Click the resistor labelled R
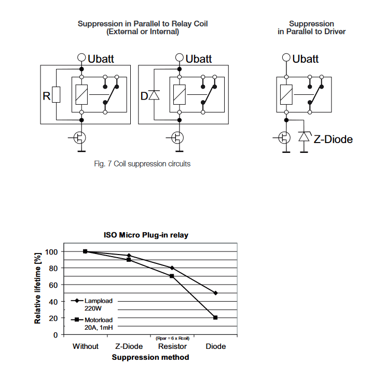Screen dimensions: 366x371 click(x=56, y=95)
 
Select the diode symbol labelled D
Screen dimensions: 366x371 click(x=153, y=95)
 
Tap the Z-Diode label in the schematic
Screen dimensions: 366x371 click(x=333, y=139)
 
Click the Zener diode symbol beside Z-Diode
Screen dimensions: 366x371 click(x=304, y=137)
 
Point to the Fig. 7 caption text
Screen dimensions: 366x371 click(x=142, y=164)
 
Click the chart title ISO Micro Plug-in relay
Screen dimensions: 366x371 click(x=150, y=235)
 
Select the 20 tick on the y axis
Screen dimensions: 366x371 click(x=53, y=318)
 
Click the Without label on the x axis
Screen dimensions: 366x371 click(x=85, y=346)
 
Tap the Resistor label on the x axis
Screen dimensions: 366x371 click(x=172, y=346)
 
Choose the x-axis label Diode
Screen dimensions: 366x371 click(x=215, y=346)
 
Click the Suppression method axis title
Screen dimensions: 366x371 click(x=150, y=357)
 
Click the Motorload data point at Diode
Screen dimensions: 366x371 click(x=215, y=317)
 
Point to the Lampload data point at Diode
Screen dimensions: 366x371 click(x=215, y=293)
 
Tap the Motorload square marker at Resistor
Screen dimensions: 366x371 click(x=172, y=276)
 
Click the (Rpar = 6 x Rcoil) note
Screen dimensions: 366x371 click(x=172, y=338)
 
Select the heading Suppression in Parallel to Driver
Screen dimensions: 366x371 click(x=311, y=27)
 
